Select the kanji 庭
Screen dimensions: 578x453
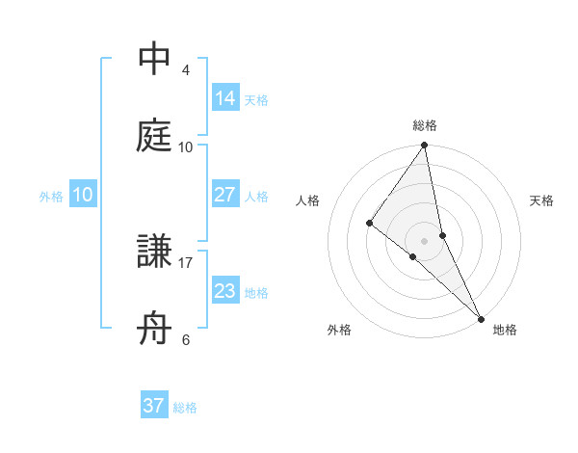154,136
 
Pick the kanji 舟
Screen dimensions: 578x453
154,330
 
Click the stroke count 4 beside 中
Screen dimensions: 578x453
186,70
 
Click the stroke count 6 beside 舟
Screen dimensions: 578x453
186,339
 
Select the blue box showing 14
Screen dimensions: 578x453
224,97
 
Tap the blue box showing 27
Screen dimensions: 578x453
224,194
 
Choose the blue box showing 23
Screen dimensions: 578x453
224,290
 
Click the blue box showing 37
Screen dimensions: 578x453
153,406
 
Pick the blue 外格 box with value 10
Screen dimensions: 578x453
83,195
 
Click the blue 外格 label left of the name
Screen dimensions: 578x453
51,197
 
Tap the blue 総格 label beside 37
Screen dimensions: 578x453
185,408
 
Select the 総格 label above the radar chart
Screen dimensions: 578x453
425,126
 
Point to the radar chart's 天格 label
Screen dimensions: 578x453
541,200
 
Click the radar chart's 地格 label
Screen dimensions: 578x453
505,330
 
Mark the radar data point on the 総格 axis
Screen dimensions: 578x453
425,147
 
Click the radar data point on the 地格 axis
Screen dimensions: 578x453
481,317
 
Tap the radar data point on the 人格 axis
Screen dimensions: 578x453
370,224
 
